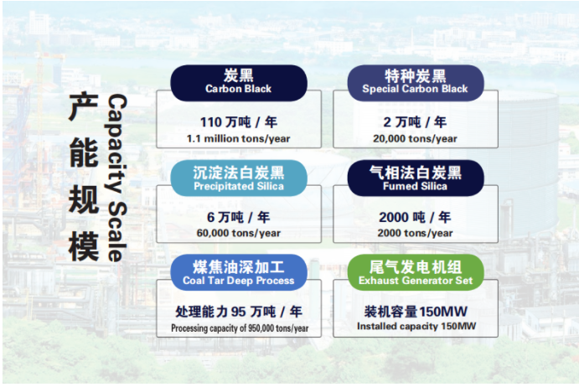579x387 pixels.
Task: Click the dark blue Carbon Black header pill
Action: tap(239, 82)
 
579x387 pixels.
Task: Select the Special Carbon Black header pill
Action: tap(415, 82)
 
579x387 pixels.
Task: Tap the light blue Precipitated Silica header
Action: tap(239, 178)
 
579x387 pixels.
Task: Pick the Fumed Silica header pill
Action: tap(415, 178)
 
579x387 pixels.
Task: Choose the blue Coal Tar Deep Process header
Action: tap(239, 272)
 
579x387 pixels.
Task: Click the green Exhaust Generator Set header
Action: tap(415, 272)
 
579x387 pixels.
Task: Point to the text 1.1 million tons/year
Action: tap(239, 137)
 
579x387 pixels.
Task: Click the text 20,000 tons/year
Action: tap(416, 138)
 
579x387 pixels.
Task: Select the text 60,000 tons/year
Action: tap(239, 233)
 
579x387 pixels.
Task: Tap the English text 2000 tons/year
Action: tap(416, 233)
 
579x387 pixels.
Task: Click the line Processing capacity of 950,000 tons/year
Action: tap(240, 328)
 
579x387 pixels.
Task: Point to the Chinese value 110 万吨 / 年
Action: tap(239, 122)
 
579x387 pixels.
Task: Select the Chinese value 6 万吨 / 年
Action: tap(239, 217)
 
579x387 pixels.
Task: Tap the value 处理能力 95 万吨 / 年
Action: tap(239, 312)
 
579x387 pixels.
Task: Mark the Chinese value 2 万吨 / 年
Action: tap(416, 122)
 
